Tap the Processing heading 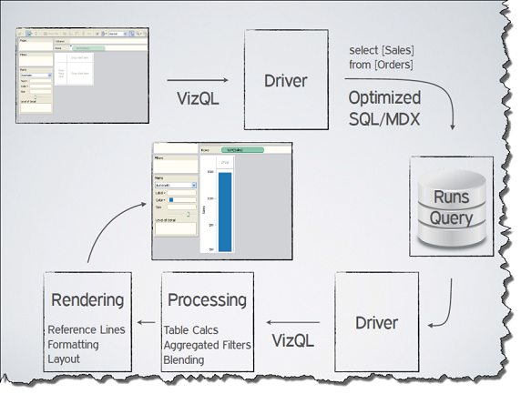206,298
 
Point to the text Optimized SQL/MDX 384,106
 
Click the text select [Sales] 381,49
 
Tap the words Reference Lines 86,329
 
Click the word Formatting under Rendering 79,344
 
